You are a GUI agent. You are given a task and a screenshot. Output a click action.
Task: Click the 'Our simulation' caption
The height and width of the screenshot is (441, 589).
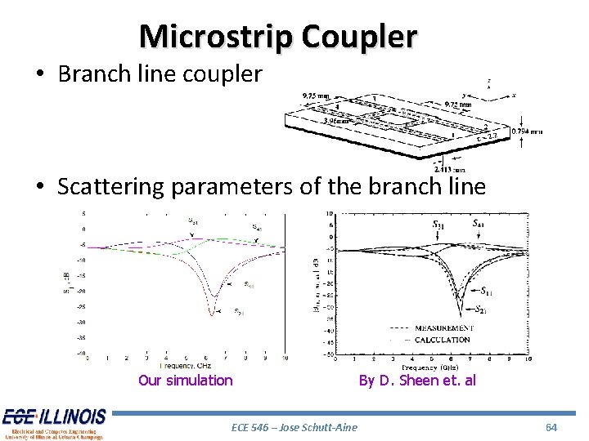point(186,381)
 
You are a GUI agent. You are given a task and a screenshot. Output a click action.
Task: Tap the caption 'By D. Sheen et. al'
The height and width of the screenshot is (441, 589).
point(416,381)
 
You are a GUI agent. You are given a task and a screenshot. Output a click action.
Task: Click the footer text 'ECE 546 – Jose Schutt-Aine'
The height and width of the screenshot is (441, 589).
point(294,427)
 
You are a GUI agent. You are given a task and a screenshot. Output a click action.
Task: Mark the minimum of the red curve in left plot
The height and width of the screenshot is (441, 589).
point(213,314)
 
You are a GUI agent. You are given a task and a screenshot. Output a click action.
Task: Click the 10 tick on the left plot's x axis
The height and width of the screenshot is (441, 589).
point(284,359)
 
